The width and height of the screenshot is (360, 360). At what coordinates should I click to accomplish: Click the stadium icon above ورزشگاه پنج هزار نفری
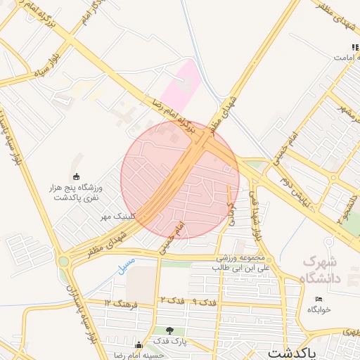tap(76, 176)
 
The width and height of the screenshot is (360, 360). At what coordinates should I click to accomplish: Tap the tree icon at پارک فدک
tap(169, 330)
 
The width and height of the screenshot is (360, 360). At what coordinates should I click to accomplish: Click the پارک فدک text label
tap(169, 342)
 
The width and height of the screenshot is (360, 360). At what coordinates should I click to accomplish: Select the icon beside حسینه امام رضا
tap(139, 344)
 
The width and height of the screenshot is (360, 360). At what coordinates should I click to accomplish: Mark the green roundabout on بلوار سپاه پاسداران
tap(64, 262)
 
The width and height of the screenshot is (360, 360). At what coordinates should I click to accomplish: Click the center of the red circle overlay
tap(180, 179)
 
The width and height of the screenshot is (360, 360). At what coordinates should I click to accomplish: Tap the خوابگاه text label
tap(319, 310)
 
